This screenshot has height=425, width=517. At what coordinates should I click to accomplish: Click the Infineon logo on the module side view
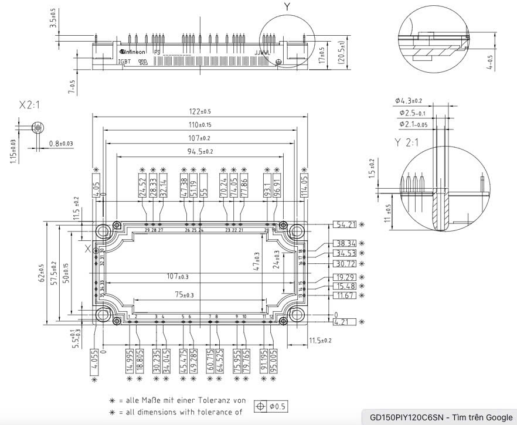132,52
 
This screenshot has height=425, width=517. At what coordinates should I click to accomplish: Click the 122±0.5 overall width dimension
200,112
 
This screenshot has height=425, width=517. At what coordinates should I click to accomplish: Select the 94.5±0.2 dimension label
200,151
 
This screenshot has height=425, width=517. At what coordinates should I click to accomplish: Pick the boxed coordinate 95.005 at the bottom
274,360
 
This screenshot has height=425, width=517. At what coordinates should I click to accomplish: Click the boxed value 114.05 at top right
305,185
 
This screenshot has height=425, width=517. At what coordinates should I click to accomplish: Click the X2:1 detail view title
34,105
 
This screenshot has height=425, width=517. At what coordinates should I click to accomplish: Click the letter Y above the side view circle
287,7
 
